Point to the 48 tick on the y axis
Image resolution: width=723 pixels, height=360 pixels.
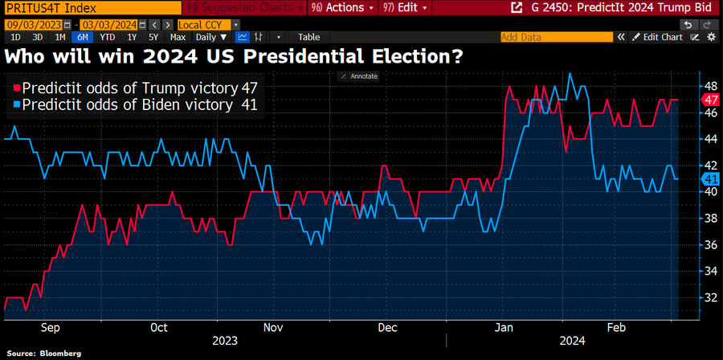click(x=710, y=86)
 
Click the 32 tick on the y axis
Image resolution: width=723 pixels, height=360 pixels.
click(x=710, y=297)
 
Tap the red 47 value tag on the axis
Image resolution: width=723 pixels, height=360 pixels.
click(x=711, y=100)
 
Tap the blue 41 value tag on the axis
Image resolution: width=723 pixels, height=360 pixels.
click(x=711, y=178)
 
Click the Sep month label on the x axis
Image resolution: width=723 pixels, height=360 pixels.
click(x=50, y=328)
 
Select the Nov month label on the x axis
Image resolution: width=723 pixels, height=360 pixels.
click(x=273, y=328)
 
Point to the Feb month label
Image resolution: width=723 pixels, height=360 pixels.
click(x=615, y=328)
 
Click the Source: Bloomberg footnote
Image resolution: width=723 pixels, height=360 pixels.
click(x=45, y=353)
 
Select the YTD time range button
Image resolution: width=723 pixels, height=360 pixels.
click(x=107, y=37)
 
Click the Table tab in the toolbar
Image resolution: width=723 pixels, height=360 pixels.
click(x=308, y=37)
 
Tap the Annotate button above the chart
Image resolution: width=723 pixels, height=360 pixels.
click(x=359, y=76)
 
